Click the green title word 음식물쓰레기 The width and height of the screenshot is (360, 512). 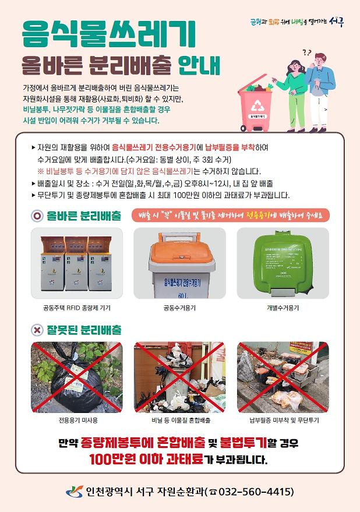(108, 35)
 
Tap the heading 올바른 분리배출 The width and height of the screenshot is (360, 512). (85, 216)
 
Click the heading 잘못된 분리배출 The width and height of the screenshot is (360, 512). (85, 330)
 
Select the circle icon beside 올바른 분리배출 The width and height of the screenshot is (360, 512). (37, 216)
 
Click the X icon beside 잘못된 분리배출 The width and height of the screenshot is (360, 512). (37, 330)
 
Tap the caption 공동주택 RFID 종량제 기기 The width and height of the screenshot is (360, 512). (77, 307)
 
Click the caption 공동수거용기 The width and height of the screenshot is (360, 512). (179, 307)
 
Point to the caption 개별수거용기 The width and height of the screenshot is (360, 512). (283, 307)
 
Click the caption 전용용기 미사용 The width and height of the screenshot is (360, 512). (77, 420)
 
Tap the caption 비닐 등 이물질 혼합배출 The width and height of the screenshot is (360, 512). (179, 420)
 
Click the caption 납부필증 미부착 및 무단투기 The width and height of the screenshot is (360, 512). (283, 420)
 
